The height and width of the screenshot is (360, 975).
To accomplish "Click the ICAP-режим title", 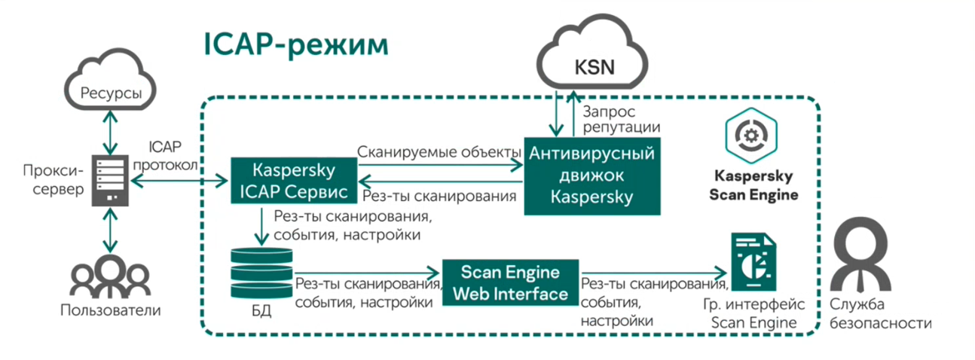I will tap(295, 45).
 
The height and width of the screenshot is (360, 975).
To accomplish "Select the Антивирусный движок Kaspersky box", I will tap(591, 175).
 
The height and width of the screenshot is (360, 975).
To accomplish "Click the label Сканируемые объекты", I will tap(439, 152).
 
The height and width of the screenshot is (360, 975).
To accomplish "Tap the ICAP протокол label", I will tap(165, 155).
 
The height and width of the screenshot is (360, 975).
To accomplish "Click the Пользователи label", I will tap(111, 310).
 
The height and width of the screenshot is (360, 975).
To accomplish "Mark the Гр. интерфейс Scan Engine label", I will tap(753, 314).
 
